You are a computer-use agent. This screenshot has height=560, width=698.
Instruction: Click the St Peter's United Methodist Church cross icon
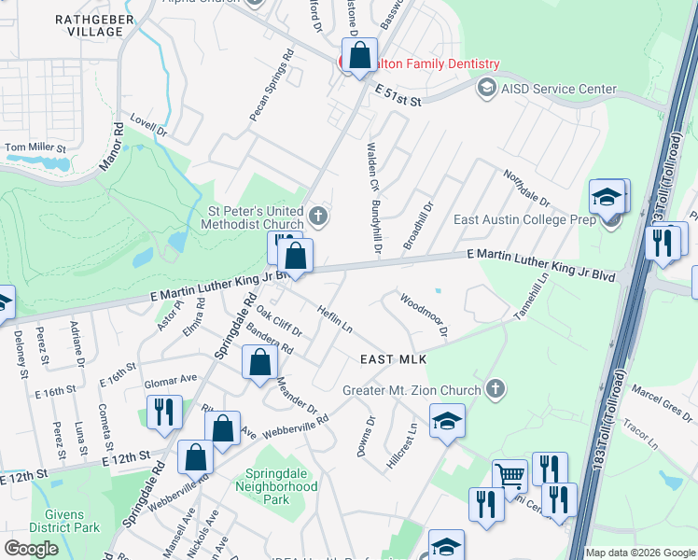(x=318, y=217)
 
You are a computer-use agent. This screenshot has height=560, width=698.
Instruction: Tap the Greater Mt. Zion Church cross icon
(x=496, y=389)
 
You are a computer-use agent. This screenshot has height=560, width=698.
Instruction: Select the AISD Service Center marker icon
(x=486, y=89)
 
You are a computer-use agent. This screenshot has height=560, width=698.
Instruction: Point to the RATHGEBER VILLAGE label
(x=90, y=25)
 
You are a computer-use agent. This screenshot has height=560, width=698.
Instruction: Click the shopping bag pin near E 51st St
(x=359, y=57)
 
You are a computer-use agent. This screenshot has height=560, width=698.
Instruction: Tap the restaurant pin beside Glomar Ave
(x=165, y=412)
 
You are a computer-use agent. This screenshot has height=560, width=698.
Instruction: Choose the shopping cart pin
(x=510, y=476)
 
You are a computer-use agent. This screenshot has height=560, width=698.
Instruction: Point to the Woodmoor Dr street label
(x=425, y=315)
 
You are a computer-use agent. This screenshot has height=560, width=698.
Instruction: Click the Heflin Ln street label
(x=334, y=319)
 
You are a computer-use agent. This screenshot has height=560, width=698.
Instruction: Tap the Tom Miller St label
(x=35, y=147)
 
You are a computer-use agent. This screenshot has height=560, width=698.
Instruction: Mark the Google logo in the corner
(x=32, y=549)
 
